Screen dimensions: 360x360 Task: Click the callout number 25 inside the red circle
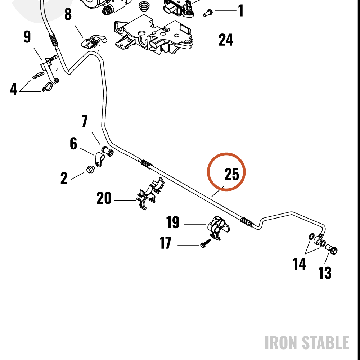point(231,174)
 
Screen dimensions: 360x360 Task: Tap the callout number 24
point(226,40)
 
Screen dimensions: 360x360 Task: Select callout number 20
point(104,198)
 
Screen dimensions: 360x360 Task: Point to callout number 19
point(173,222)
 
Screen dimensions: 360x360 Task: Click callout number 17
point(165,243)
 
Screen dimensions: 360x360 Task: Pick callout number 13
point(325,273)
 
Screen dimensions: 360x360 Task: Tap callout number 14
point(300,264)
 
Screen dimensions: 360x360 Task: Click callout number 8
point(68,14)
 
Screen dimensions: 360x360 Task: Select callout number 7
point(85,121)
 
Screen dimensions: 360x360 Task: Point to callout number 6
point(73,144)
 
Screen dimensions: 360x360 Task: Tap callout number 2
point(64,178)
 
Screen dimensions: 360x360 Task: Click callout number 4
point(14,89)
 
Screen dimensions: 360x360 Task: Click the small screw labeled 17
point(206,243)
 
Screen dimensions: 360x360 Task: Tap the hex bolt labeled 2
point(90,170)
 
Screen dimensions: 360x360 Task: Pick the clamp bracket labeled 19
point(219,227)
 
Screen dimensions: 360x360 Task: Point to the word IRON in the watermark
point(281,343)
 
